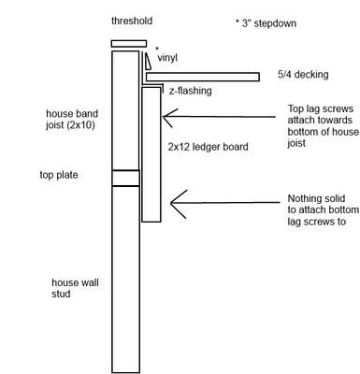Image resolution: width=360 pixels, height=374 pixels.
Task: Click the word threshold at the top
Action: pos(131,20)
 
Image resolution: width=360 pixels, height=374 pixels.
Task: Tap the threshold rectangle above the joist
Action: pos(128,43)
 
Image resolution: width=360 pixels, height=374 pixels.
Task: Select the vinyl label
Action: pos(168,58)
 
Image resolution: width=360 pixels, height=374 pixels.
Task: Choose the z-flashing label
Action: pos(190,91)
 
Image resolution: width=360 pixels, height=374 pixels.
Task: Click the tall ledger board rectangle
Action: pos(151,154)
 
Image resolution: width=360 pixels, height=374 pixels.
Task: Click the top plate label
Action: pos(58,175)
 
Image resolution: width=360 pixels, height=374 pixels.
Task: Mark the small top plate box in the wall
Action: pos(125,179)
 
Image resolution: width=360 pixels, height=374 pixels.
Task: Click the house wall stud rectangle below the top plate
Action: pos(125,280)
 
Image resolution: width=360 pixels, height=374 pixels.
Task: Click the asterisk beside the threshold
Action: pos(157,48)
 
